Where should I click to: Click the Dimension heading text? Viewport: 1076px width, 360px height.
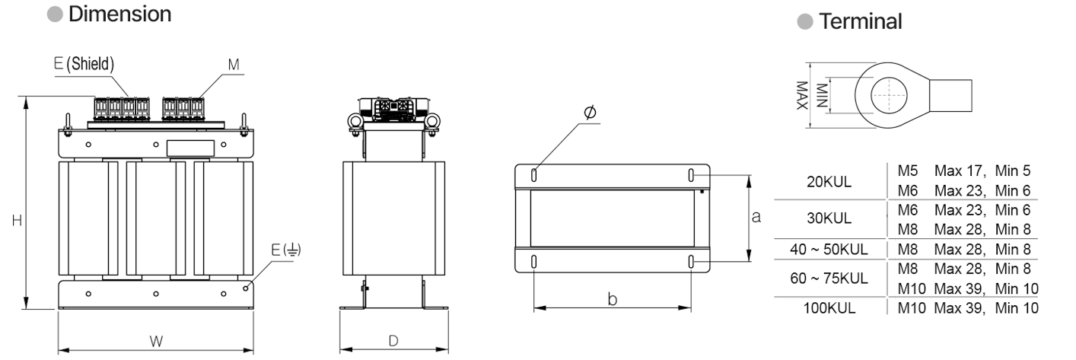coord(119,14)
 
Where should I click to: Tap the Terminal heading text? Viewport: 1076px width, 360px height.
coord(861,21)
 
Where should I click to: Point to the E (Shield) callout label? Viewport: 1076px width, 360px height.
coord(84,63)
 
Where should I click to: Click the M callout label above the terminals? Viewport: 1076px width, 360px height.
coord(234,65)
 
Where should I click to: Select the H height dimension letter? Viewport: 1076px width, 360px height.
coord(17,221)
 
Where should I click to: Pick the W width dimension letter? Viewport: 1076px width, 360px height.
coord(156,341)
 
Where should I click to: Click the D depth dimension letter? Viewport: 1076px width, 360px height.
coord(393,341)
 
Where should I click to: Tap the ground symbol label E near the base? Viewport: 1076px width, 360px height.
coord(286,250)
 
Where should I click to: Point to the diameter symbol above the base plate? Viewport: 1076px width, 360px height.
coord(590,112)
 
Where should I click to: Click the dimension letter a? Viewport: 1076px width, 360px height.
coord(756,217)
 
